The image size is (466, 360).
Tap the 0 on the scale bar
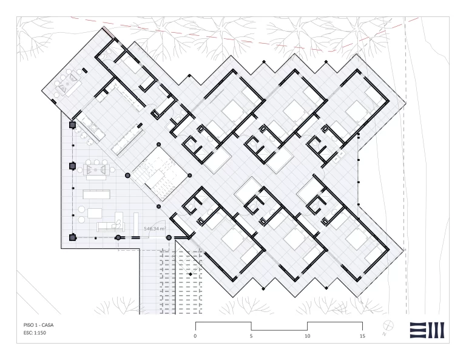point(195,336)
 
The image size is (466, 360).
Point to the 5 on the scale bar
point(251,336)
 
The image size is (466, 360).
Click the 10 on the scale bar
point(307,336)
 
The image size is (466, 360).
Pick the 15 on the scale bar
point(362,336)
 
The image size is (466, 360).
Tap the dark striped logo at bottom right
point(428,329)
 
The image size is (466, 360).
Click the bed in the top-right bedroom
point(356,110)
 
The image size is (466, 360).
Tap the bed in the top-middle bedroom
point(294,110)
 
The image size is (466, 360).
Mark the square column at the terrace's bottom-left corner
point(73,237)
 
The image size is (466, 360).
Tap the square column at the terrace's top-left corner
point(72,125)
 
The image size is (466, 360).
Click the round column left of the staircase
point(128,175)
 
